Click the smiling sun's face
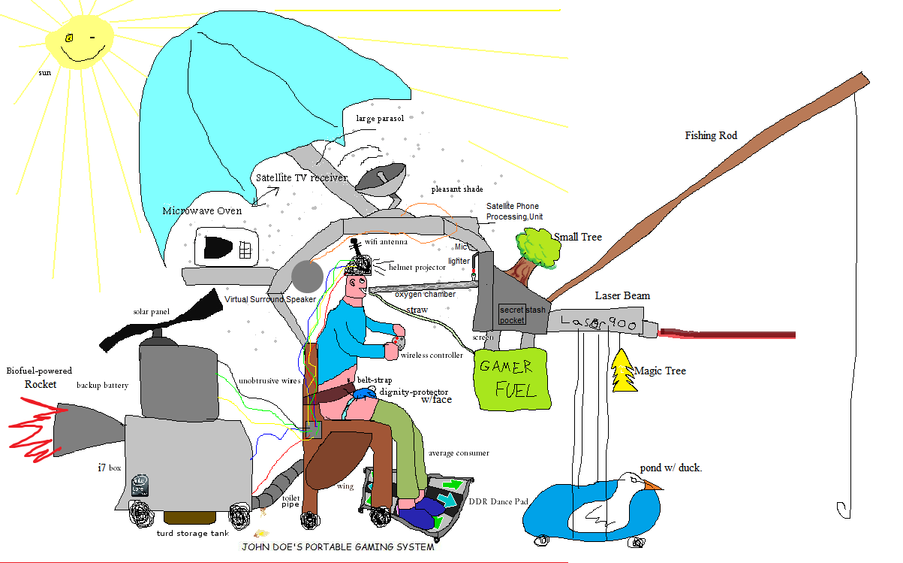click(x=79, y=43)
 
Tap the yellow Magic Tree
click(x=624, y=372)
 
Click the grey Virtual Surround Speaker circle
click(x=307, y=277)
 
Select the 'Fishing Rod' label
click(x=710, y=136)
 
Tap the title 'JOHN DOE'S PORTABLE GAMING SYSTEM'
click(x=337, y=547)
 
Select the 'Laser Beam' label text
click(x=622, y=295)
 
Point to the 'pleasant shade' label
click(x=457, y=189)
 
